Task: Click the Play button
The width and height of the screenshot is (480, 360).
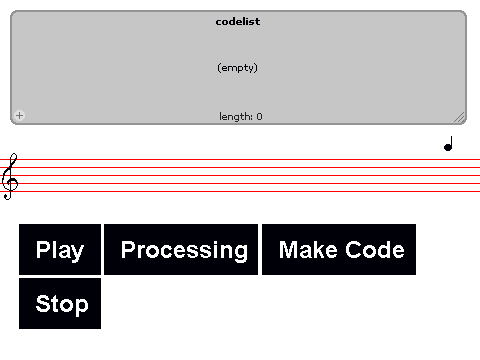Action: [x=60, y=250]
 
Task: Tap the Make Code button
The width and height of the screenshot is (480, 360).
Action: [x=339, y=250]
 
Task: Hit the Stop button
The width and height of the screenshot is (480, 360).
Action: [x=60, y=304]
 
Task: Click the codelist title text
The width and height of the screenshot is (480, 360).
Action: [x=238, y=22]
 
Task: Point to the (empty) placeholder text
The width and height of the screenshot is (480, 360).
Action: [x=237, y=68]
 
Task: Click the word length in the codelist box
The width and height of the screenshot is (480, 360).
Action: [x=236, y=116]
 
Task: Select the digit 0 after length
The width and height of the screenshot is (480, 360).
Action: [x=260, y=117]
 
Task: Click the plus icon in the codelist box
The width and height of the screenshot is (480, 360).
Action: [x=19, y=115]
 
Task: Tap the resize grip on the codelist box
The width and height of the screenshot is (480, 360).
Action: [x=459, y=117]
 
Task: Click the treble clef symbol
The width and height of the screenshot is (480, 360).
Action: [x=10, y=177]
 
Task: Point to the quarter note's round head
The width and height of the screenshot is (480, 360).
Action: [x=448, y=147]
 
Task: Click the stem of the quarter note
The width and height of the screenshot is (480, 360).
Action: [x=451, y=142]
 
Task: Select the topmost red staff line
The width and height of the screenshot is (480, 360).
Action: [x=240, y=159]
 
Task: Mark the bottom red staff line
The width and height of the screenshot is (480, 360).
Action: [x=240, y=191]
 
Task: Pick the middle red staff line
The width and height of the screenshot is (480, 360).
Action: [x=240, y=175]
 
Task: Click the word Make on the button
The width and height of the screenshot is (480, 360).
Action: [x=308, y=250]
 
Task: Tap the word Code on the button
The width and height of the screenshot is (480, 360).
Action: [x=375, y=250]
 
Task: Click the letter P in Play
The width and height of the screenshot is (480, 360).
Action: [x=42, y=249]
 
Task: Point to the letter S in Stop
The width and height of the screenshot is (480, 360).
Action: [x=42, y=303]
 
